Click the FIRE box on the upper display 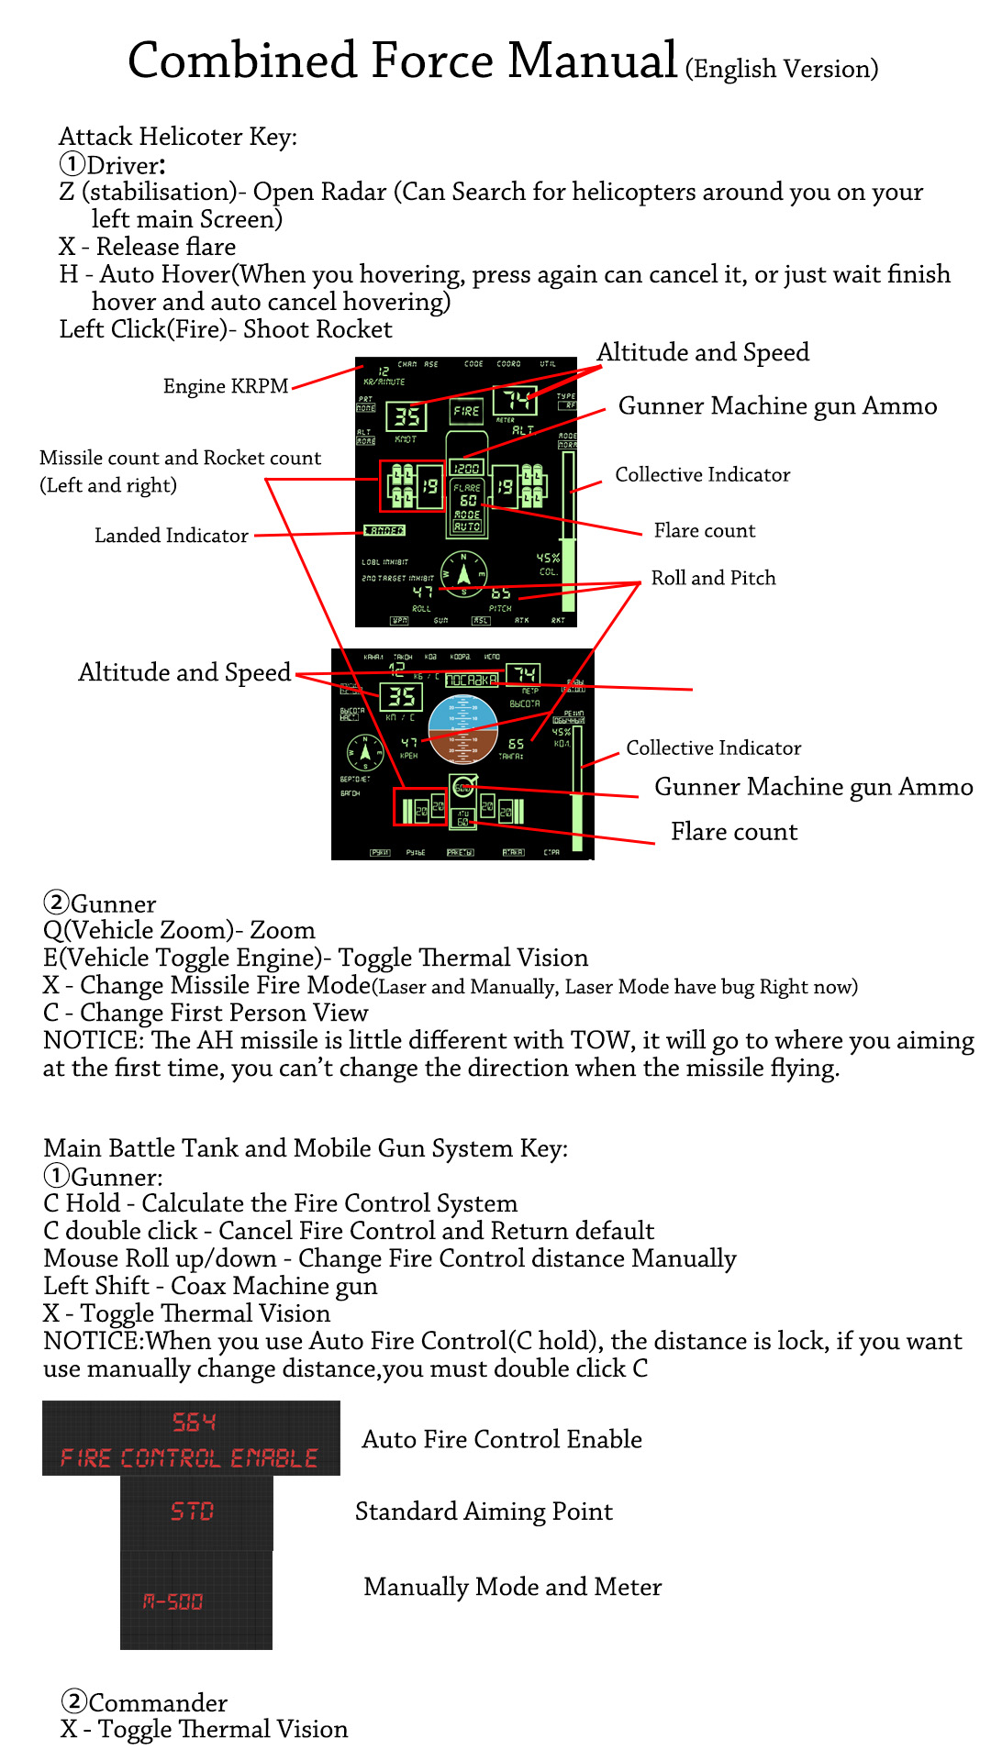466,411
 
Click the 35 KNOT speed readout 406,417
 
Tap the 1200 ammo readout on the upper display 467,468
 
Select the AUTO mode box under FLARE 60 467,526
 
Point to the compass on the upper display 463,574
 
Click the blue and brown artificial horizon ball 462,730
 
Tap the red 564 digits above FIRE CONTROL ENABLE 194,1423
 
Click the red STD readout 193,1511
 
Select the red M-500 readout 173,1601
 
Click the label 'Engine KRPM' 226,386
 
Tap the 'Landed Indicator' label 172,536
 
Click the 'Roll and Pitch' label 713,578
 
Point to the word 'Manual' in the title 592,61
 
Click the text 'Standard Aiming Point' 484,1512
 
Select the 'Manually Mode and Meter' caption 512,1587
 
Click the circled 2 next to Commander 73,1701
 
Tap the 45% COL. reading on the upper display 548,562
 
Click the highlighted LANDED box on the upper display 384,530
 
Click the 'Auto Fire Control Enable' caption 502,1439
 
